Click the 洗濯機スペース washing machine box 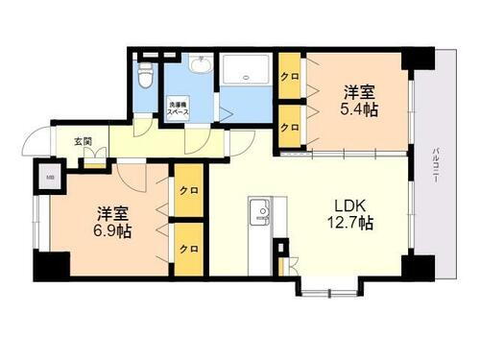(178, 107)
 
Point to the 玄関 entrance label (84, 142)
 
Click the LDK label (348, 204)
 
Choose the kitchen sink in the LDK (259, 209)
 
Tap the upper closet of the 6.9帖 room (187, 191)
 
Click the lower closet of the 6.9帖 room (187, 247)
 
